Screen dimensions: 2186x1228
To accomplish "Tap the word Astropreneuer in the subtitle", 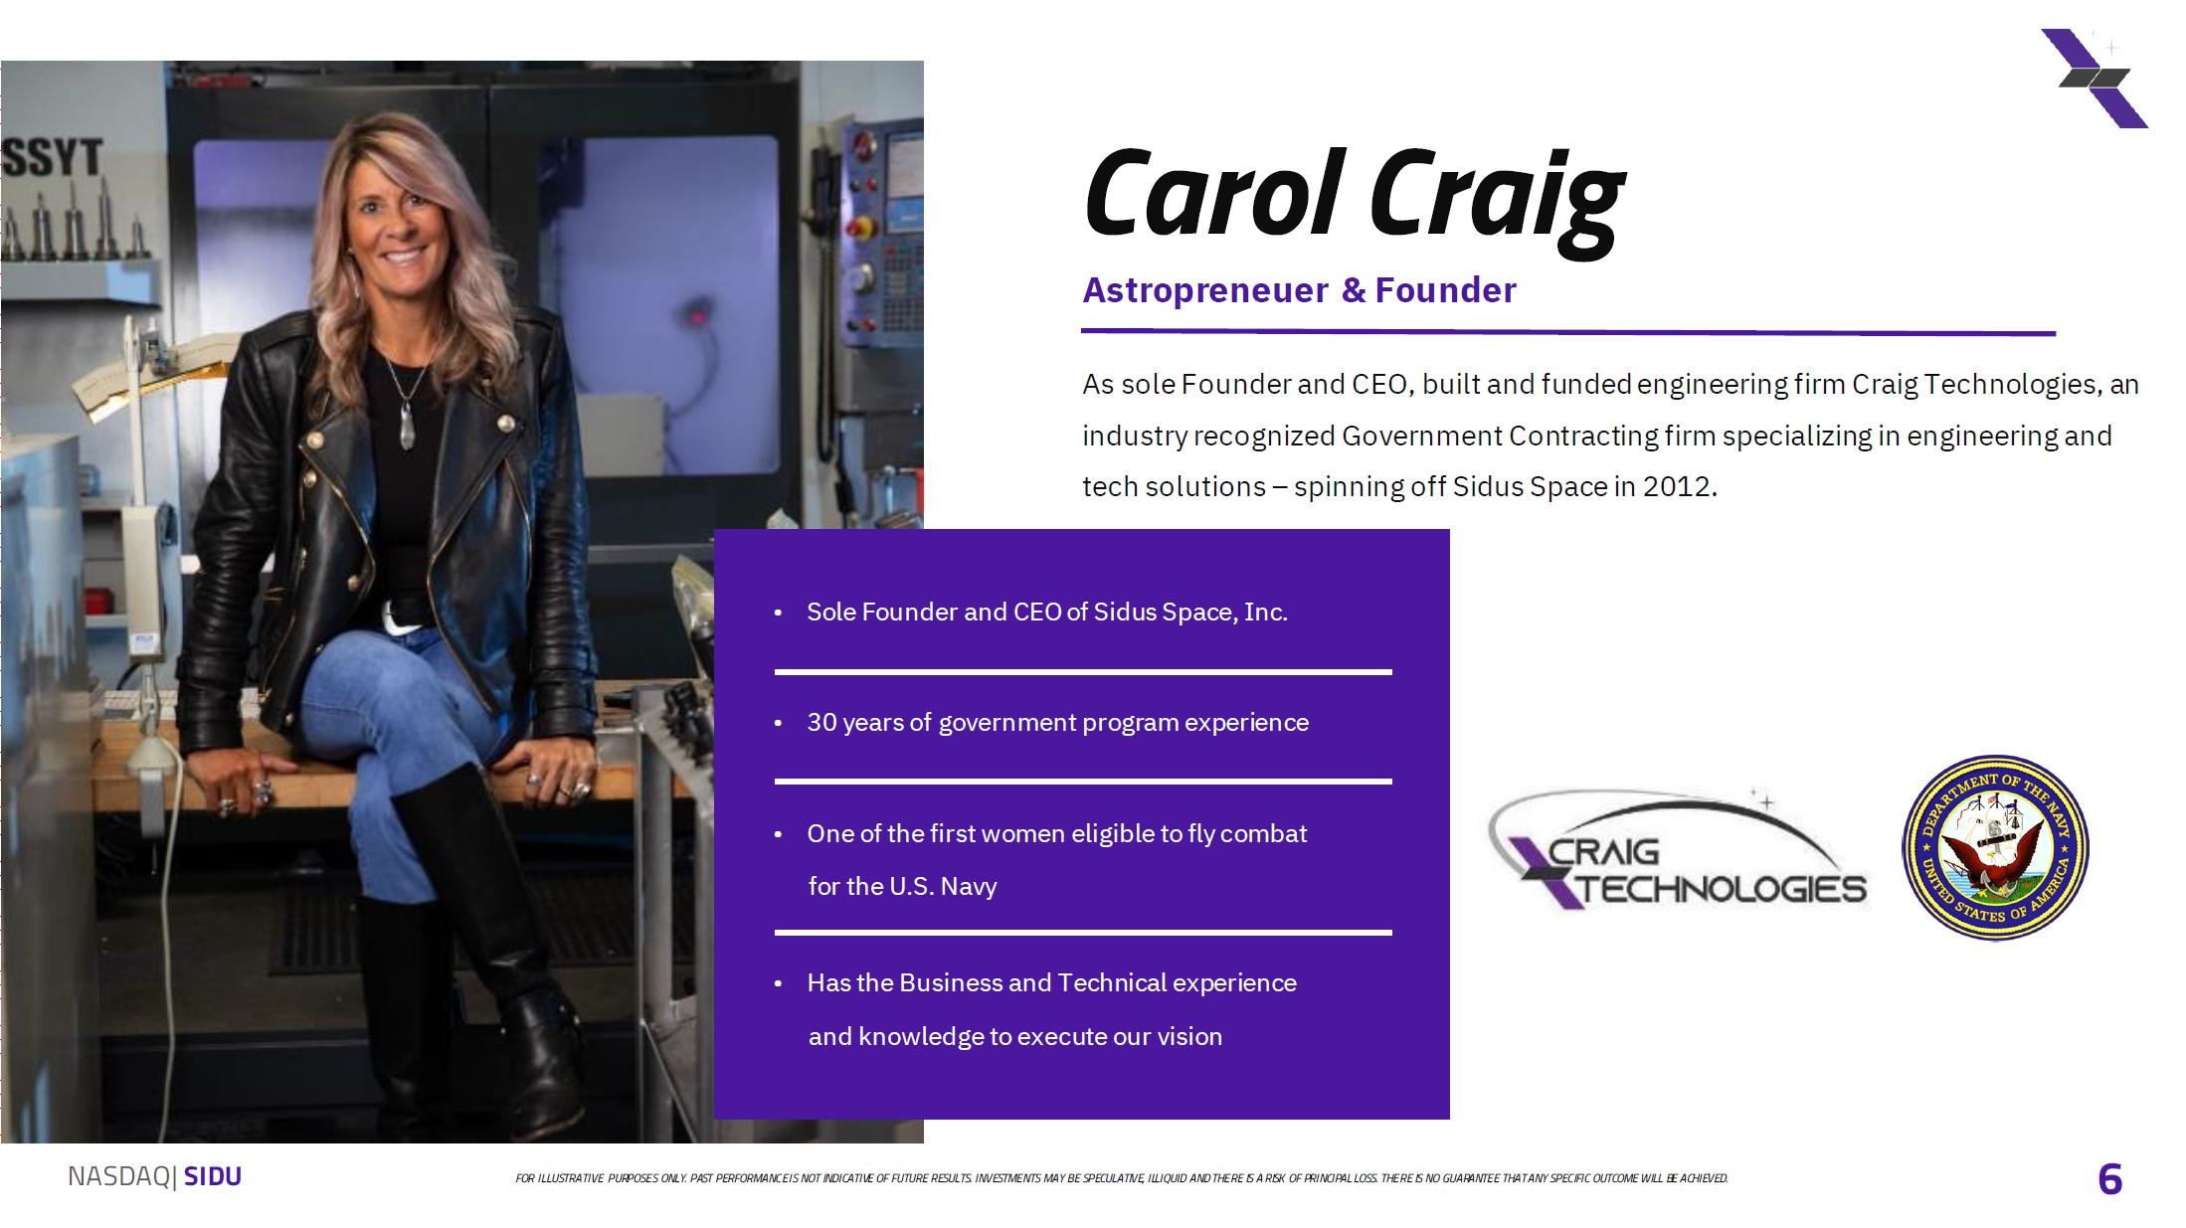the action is [x=1205, y=290].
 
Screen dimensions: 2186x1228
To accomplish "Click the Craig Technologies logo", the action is [x=1678, y=851].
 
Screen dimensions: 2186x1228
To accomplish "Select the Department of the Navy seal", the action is [x=1995, y=847].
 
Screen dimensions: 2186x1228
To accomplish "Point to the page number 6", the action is [x=2109, y=1179].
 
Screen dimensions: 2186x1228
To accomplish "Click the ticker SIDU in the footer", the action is [x=213, y=1176].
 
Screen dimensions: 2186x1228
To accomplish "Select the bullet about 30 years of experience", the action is [x=1057, y=723].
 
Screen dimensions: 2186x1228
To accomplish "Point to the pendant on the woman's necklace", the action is [x=407, y=426].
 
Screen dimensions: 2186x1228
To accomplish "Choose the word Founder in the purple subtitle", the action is [x=1445, y=290].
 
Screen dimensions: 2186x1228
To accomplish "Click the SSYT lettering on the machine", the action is [x=53, y=158].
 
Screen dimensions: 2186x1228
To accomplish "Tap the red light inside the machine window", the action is [x=698, y=317].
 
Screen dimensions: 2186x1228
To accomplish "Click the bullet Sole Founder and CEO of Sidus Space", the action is [x=1047, y=612].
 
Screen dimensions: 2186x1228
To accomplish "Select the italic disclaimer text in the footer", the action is [x=1122, y=1178].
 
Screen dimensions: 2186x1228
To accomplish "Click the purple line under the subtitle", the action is [x=1568, y=332].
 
